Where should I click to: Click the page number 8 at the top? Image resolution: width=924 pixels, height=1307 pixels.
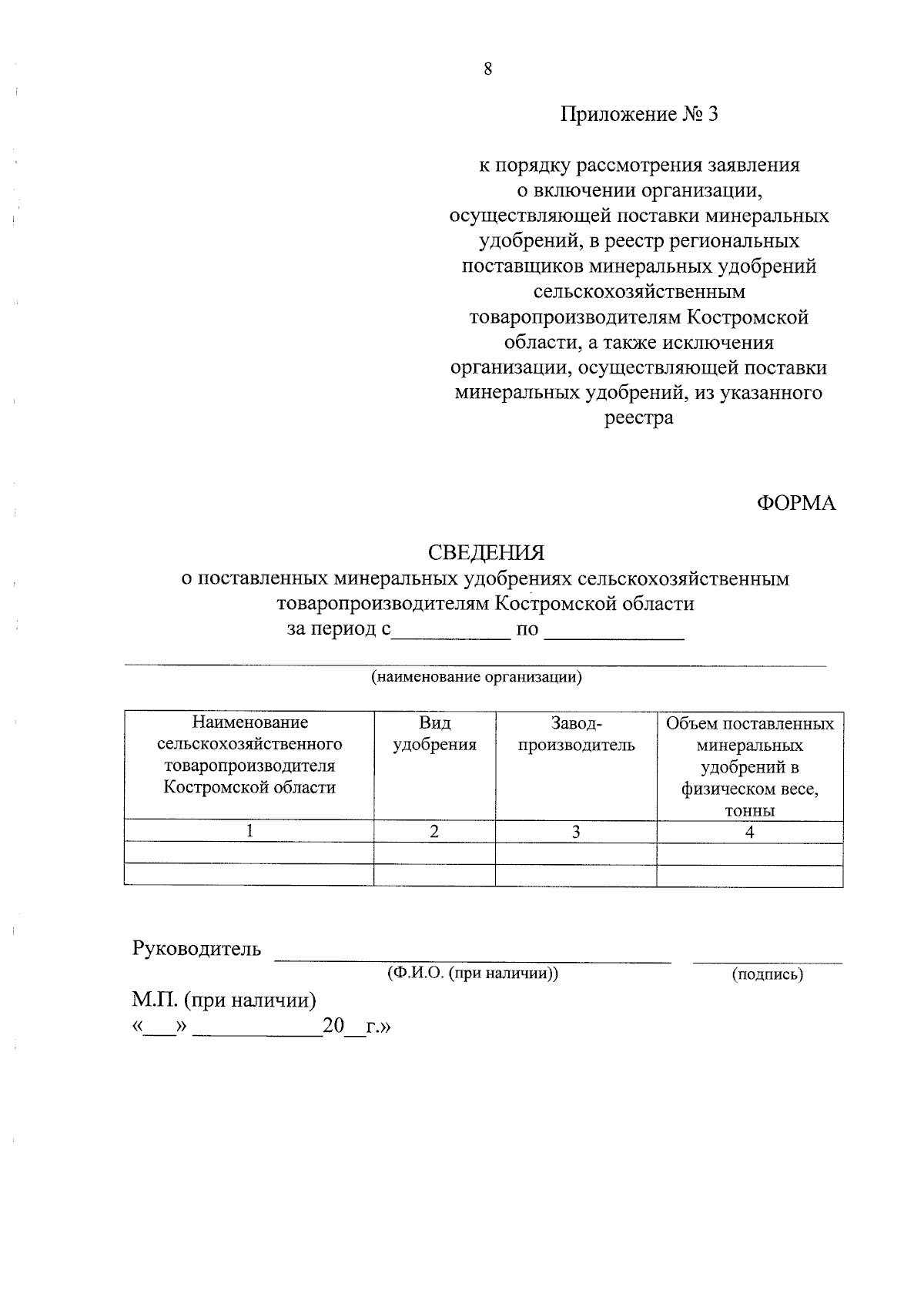[487, 69]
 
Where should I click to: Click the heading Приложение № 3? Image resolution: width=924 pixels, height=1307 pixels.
[638, 115]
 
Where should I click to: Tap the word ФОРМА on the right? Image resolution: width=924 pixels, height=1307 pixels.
[796, 503]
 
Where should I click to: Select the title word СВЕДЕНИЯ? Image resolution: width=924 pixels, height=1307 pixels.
[486, 552]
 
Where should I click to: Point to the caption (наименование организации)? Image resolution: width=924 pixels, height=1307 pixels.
[476, 678]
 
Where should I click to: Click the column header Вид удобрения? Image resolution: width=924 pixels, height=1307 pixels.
[434, 734]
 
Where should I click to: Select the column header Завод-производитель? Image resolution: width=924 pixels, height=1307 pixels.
[576, 734]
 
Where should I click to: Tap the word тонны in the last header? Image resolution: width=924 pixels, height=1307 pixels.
[749, 810]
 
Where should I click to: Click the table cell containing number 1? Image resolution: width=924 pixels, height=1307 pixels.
[249, 831]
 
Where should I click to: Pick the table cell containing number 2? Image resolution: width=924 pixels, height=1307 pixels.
[434, 831]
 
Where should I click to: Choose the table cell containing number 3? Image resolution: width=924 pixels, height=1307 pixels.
[575, 831]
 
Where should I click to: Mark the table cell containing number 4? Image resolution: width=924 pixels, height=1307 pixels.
[749, 831]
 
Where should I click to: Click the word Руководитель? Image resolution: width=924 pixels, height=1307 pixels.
[197, 949]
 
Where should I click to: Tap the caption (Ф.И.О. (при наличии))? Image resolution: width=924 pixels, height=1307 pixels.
[473, 974]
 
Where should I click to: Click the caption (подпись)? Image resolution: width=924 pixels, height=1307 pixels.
[767, 974]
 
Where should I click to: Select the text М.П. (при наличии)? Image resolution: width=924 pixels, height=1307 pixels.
[224, 1000]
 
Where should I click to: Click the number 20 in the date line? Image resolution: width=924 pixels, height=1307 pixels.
[333, 1026]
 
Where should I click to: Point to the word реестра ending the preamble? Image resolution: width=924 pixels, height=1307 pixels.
[638, 418]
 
